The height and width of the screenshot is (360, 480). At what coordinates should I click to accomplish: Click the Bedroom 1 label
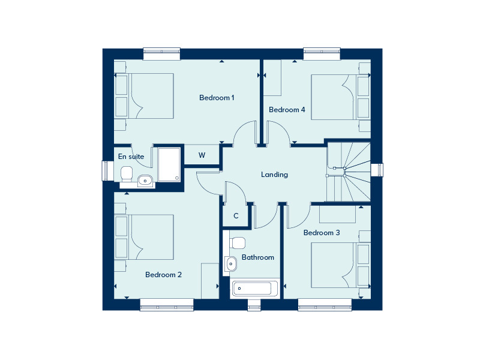click(217, 98)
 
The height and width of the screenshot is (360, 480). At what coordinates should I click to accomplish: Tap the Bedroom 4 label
click(287, 110)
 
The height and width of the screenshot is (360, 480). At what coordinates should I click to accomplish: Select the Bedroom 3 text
click(322, 233)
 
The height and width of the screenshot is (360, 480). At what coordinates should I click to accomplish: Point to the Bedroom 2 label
click(163, 275)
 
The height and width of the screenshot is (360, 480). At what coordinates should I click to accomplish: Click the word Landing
click(274, 175)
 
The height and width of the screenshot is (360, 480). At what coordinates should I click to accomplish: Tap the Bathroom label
click(258, 257)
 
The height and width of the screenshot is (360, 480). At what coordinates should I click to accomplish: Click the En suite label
click(131, 157)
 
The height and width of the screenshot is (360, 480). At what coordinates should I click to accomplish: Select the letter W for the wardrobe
click(202, 155)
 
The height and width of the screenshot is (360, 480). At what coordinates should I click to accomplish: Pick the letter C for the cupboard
click(236, 216)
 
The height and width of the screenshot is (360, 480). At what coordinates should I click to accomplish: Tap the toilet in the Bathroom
click(237, 243)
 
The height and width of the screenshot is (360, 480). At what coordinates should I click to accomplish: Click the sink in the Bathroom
click(231, 263)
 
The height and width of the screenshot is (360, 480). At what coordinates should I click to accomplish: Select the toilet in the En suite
click(127, 174)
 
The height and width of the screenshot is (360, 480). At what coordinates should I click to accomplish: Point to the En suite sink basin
click(145, 181)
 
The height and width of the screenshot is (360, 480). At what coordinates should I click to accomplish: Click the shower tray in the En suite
click(169, 164)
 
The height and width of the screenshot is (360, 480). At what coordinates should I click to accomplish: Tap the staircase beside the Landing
click(349, 172)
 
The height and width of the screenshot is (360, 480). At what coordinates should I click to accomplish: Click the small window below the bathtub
click(254, 305)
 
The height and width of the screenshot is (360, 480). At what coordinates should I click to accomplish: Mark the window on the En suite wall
click(108, 170)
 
